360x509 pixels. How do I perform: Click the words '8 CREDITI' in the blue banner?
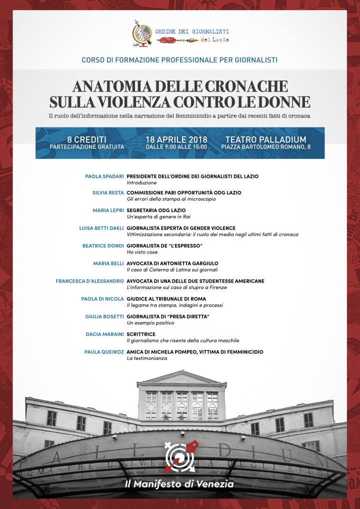[x=86, y=139]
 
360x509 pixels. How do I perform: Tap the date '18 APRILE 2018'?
[x=176, y=139]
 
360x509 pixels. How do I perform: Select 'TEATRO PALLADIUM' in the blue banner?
[x=265, y=139]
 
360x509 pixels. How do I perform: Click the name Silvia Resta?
[x=108, y=192]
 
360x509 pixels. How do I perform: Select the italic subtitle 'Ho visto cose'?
[x=142, y=252]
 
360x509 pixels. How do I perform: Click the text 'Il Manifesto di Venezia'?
[x=179, y=484]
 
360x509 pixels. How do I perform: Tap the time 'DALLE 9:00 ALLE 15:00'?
[x=176, y=147]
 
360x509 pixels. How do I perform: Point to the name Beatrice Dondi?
[x=103, y=246]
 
